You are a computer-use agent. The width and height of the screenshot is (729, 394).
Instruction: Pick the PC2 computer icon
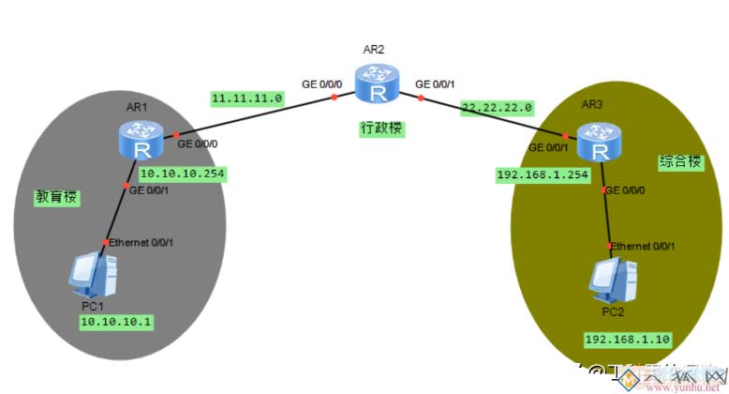(x=613, y=276)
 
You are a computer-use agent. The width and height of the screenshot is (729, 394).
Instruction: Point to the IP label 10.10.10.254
(x=184, y=174)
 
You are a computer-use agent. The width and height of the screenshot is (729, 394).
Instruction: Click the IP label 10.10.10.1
(x=116, y=322)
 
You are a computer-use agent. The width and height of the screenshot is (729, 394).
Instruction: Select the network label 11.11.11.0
(x=246, y=98)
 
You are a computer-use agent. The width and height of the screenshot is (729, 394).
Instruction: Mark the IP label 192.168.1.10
(x=626, y=339)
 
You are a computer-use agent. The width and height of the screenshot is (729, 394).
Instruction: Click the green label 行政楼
(x=381, y=127)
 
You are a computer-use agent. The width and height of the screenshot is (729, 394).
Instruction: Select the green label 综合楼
(x=681, y=160)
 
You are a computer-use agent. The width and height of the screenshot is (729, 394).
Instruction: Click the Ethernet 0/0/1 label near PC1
(x=141, y=243)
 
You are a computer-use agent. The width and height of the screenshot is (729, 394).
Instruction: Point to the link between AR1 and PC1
(x=118, y=215)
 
